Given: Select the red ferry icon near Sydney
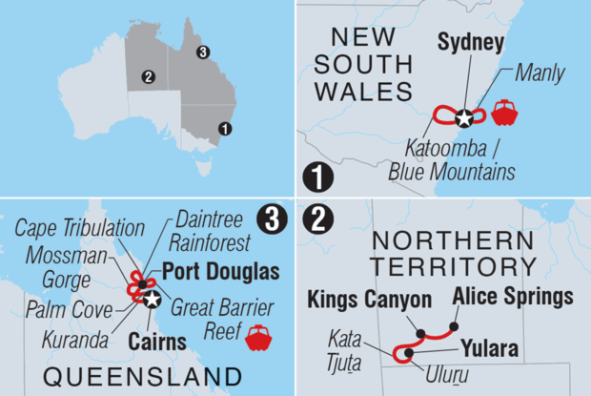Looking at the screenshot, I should tap(504, 114).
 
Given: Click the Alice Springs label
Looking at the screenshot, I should tap(513, 295).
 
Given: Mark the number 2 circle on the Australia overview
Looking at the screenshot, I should tap(148, 77).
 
